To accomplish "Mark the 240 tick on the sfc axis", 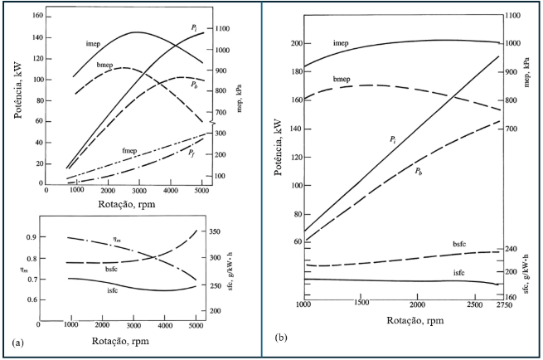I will click(511, 249).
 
